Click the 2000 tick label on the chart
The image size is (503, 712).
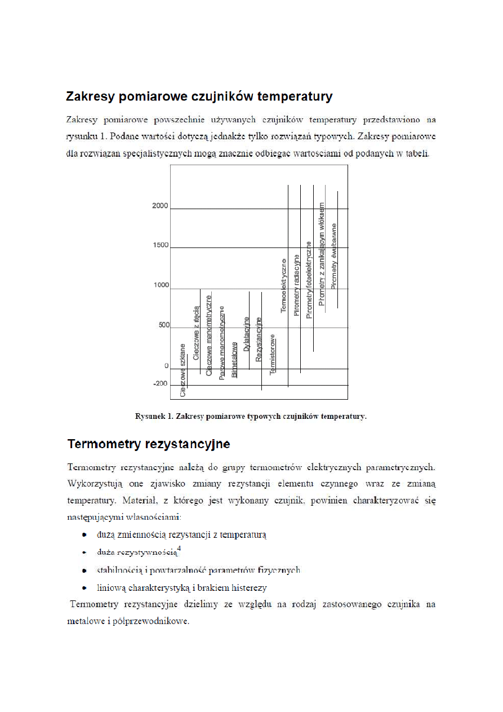click(160, 206)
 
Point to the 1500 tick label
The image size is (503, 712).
click(161, 245)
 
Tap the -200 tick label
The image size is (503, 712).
click(160, 384)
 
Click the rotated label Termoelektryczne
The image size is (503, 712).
click(284, 286)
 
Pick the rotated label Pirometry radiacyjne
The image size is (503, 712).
click(297, 285)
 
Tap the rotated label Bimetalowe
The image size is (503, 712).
click(234, 359)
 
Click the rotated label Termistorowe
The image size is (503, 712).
click(273, 355)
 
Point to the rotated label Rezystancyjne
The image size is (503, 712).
click(259, 339)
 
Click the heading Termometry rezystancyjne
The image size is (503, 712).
click(148, 444)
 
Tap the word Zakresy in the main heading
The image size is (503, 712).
click(89, 96)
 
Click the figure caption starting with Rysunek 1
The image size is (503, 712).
click(251, 417)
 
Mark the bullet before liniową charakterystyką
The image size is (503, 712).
click(84, 588)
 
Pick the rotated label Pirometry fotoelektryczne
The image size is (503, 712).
click(309, 280)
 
